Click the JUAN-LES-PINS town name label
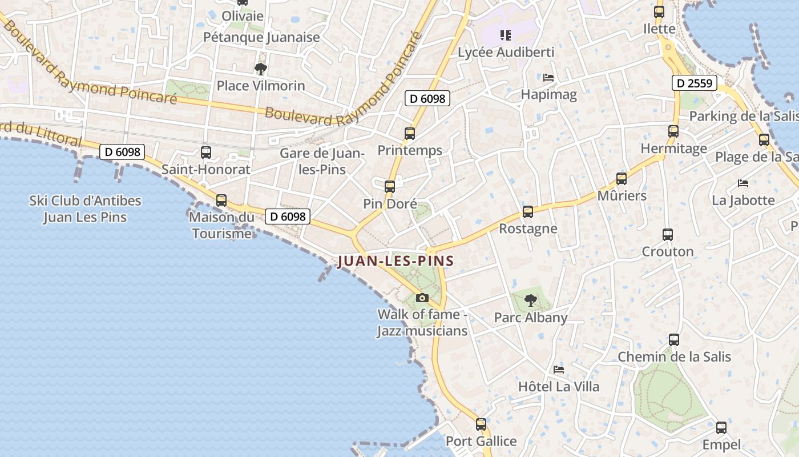tap(396, 261)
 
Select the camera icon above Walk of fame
tap(422, 298)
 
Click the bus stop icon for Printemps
tap(410, 134)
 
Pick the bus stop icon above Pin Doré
tap(390, 187)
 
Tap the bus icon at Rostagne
tap(528, 212)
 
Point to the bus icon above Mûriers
tap(622, 179)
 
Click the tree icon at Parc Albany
tap(531, 300)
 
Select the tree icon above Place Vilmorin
tap(261, 69)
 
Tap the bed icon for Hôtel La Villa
tap(559, 370)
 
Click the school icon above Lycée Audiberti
tap(505, 35)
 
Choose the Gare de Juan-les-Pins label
tap(322, 161)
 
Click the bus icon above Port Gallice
tap(481, 424)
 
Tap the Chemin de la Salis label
tap(674, 357)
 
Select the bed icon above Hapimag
tap(548, 77)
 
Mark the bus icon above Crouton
tap(668, 234)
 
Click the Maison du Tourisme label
tap(221, 225)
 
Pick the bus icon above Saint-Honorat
tap(206, 153)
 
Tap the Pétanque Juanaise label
tap(262, 38)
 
